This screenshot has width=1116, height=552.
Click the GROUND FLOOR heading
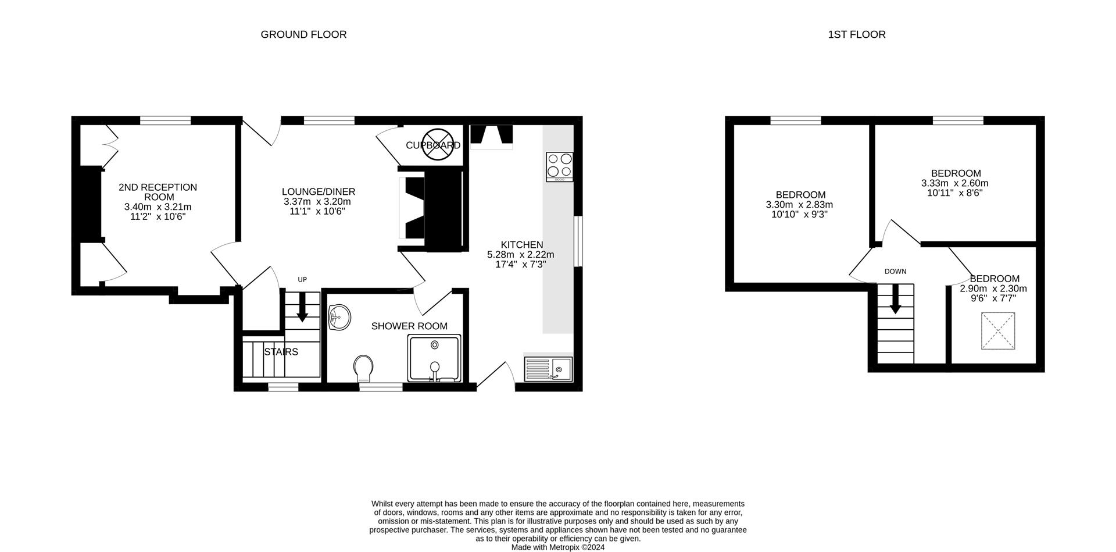tap(303, 35)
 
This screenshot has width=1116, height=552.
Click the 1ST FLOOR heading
tap(856, 35)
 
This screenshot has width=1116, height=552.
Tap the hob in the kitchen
tap(559, 166)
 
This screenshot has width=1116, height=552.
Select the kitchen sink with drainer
tap(549, 369)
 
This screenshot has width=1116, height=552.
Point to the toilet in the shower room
tap(364, 368)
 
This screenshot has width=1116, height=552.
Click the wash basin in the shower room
tap(339, 318)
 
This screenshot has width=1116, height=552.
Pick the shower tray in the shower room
tap(434, 358)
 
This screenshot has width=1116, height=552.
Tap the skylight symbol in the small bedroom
tap(998, 331)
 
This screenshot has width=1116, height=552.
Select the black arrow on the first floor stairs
tap(895, 299)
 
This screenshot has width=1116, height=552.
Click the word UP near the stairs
tap(302, 280)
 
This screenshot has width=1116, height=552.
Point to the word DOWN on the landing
tap(895, 272)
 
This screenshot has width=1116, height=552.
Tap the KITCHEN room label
tap(522, 245)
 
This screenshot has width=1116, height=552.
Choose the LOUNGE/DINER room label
tap(318, 192)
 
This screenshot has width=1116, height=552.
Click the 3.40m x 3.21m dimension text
tap(158, 207)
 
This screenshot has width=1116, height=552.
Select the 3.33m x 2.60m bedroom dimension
tap(954, 183)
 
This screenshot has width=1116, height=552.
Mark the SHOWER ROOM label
tap(409, 326)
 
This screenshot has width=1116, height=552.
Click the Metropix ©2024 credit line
tap(557, 547)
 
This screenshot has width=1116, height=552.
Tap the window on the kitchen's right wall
tap(578, 241)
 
